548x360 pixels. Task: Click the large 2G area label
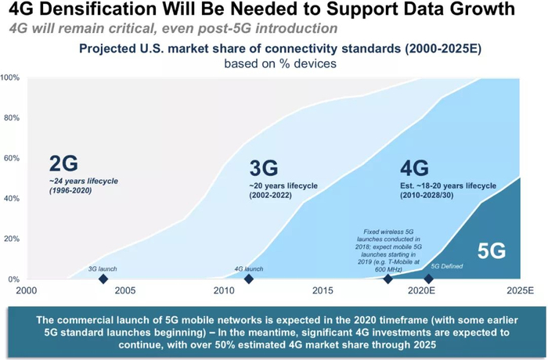pos(64,163)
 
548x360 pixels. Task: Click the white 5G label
pos(492,250)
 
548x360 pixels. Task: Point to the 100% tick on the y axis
pos(11,78)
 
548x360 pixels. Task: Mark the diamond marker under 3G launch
pos(103,279)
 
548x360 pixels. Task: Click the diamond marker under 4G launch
pos(249,279)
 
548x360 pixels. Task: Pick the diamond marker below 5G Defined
pos(428,279)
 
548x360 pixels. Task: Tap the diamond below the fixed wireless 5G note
pos(388,279)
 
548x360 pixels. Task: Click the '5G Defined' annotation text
pos(448,267)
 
